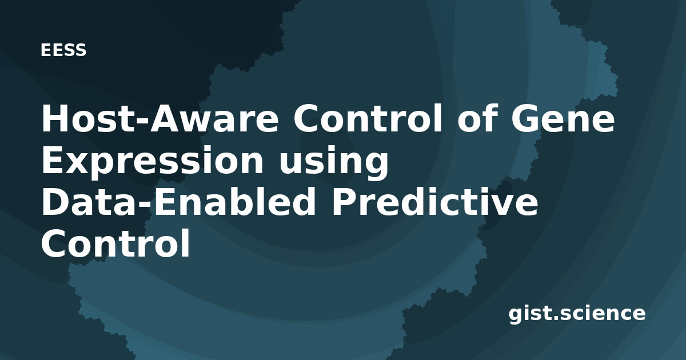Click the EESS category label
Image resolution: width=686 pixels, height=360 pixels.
pyautogui.click(x=63, y=50)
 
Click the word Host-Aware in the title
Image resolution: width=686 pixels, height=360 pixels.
pyautogui.click(x=160, y=118)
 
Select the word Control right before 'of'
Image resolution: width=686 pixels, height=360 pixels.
pyautogui.click(x=368, y=118)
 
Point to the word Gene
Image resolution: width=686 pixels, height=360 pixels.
pyautogui.click(x=563, y=118)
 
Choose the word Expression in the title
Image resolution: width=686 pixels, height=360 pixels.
pyautogui.click(x=152, y=161)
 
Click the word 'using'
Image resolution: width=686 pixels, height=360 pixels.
pyautogui.click(x=333, y=161)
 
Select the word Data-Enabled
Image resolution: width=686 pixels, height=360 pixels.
pyautogui.click(x=178, y=202)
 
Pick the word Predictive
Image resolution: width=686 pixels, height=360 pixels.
pyautogui.click(x=434, y=202)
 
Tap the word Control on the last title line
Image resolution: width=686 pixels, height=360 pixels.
pyautogui.click(x=115, y=243)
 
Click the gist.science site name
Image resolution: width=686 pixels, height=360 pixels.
pyautogui.click(x=577, y=314)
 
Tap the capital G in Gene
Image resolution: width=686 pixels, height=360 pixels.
pyautogui.click(x=524, y=118)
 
